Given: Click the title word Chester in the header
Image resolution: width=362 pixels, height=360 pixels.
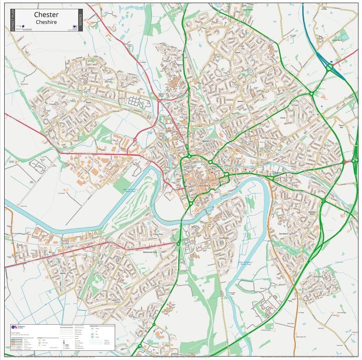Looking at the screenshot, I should tap(46, 15).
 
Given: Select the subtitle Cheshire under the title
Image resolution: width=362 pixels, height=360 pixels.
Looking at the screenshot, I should tap(46, 22).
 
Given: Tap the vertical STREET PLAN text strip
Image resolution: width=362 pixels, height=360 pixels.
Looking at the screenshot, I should tap(12, 20).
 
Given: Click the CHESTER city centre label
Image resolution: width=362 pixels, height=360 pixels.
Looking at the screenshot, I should tap(203, 186).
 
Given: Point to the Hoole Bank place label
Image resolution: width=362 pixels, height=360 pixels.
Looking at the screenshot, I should tap(337, 40).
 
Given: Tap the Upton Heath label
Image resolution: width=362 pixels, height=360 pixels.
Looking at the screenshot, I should tap(248, 10).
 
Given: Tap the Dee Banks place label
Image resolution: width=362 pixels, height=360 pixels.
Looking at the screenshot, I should tap(283, 233).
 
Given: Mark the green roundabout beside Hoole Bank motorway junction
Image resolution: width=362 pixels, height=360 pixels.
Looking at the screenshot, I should tap(329, 68).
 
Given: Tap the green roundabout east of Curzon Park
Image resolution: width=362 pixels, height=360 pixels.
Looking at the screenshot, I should tap(178, 243).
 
